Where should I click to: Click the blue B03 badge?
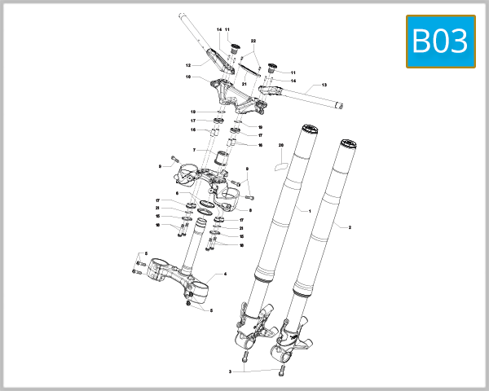click(x=440, y=41)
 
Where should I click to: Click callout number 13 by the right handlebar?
click(x=324, y=85)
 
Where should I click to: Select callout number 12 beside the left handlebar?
click(x=187, y=65)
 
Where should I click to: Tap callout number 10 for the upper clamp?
click(x=187, y=77)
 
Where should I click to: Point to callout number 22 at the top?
click(x=253, y=41)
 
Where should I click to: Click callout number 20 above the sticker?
click(x=280, y=146)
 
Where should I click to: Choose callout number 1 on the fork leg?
click(x=311, y=210)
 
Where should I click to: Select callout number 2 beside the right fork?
click(x=350, y=227)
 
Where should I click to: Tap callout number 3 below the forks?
click(x=231, y=371)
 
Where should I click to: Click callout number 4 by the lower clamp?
click(x=225, y=275)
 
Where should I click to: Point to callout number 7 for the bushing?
click(x=194, y=150)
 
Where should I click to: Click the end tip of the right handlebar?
click(x=344, y=104)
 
